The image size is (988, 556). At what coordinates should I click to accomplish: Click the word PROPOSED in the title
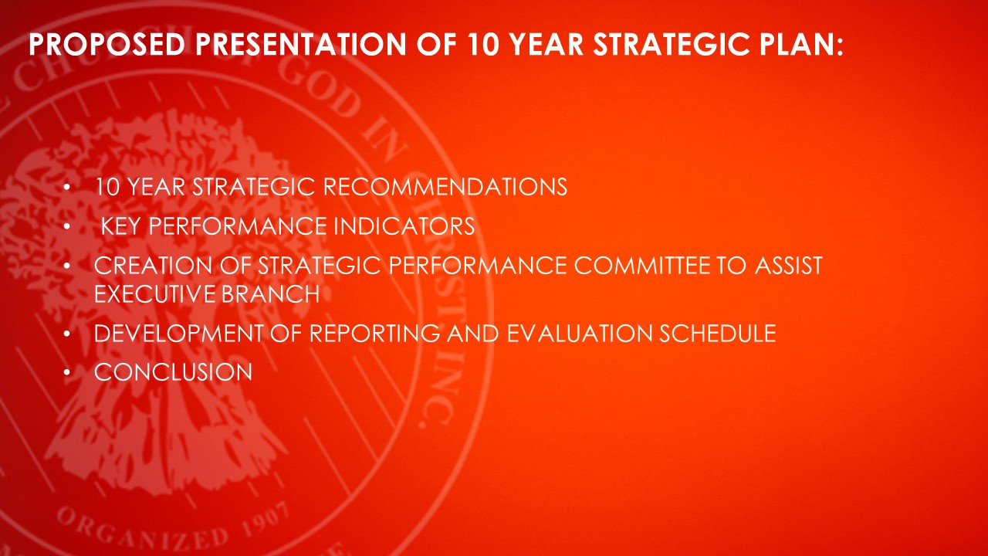tap(107, 45)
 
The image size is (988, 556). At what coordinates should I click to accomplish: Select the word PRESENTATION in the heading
tap(300, 45)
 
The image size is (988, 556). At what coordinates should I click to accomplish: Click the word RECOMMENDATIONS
tap(445, 187)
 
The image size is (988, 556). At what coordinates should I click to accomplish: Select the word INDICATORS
tap(404, 226)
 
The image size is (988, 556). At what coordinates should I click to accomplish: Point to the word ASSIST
tap(789, 266)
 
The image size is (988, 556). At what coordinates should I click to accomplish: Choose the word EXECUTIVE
tap(155, 294)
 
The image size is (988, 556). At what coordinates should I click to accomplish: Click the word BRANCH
tap(270, 294)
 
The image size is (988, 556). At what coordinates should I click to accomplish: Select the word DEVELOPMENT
tap(178, 333)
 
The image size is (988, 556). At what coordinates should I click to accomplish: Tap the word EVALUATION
tap(580, 333)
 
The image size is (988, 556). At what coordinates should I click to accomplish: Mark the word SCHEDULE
tap(718, 333)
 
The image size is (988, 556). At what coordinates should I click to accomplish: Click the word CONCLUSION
tap(173, 372)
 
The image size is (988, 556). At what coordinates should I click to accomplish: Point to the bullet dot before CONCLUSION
tap(66, 373)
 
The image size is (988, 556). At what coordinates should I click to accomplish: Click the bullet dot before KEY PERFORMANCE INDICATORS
tap(66, 226)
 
